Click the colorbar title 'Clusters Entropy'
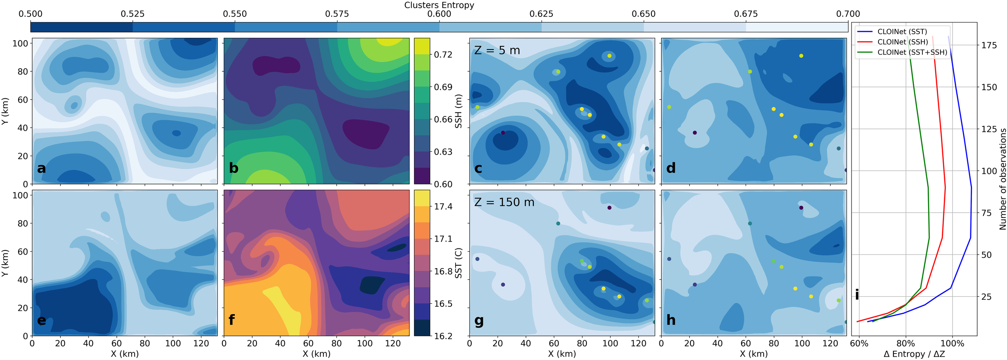[x=439, y=5]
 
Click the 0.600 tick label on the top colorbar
[x=439, y=14]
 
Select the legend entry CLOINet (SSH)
[x=902, y=42]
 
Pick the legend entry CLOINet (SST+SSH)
[x=912, y=52]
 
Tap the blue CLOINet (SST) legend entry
[x=902, y=32]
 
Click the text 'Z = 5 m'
[x=497, y=51]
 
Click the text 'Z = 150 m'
[x=504, y=203]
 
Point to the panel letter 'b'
[x=234, y=168]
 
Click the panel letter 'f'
[x=232, y=320]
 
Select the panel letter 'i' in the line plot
[x=857, y=295]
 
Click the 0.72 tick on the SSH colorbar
[x=443, y=55]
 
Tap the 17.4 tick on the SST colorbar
[x=443, y=207]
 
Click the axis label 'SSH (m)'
[x=458, y=111]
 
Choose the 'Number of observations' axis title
[x=1003, y=179]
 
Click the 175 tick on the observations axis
[x=989, y=46]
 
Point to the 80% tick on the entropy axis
[x=905, y=343]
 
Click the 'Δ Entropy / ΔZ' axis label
[x=914, y=354]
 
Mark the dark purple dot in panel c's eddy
[x=503, y=133]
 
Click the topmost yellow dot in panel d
[x=801, y=56]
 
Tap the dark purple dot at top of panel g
[x=609, y=208]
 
